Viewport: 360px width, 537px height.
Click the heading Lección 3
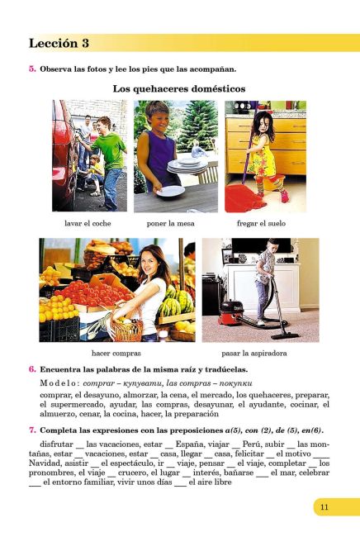click(x=59, y=43)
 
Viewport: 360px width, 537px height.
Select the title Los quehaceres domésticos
click(x=179, y=88)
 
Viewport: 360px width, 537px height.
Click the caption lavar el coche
click(x=88, y=223)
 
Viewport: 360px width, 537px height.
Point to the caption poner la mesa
click(x=175, y=223)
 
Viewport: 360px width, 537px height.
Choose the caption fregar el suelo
click(x=265, y=223)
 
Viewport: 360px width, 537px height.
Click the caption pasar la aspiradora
click(x=260, y=352)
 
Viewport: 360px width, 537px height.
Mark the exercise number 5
click(x=31, y=69)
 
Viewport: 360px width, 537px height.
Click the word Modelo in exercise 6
click(x=57, y=383)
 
